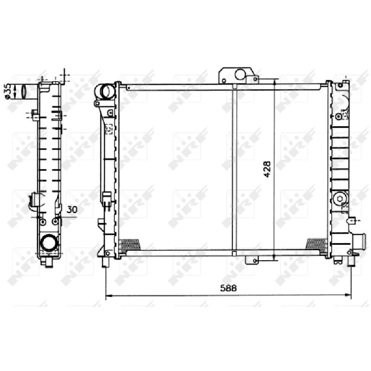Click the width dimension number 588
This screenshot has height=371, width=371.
coord(228,288)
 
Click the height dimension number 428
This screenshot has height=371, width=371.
coord(267,169)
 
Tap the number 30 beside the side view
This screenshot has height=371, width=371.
coord(72,210)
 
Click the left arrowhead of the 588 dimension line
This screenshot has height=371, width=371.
coord(109,295)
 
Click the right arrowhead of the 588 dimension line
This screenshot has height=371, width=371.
coord(348,295)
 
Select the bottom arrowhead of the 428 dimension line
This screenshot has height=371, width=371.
coord(274,258)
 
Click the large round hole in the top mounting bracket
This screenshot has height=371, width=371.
coord(240,74)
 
